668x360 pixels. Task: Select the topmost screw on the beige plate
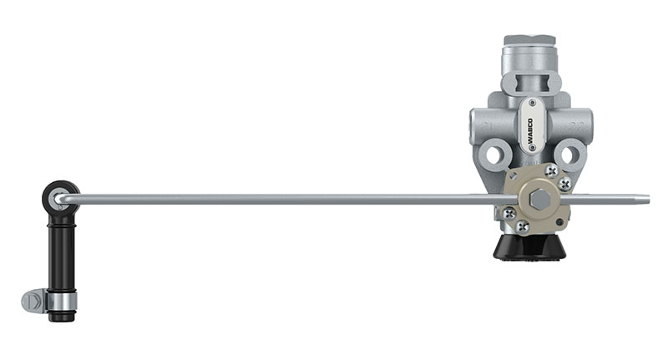click(x=551, y=170)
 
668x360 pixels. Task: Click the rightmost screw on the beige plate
click(x=565, y=183)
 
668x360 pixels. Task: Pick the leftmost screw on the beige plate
click(x=509, y=213)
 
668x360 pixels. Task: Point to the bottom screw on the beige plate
click(x=523, y=226)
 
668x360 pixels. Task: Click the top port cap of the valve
click(x=529, y=41)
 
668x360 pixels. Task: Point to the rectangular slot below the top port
click(x=529, y=82)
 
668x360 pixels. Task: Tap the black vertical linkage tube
click(x=61, y=251)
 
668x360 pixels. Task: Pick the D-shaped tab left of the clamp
click(x=33, y=301)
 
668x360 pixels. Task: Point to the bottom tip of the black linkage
click(x=61, y=317)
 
